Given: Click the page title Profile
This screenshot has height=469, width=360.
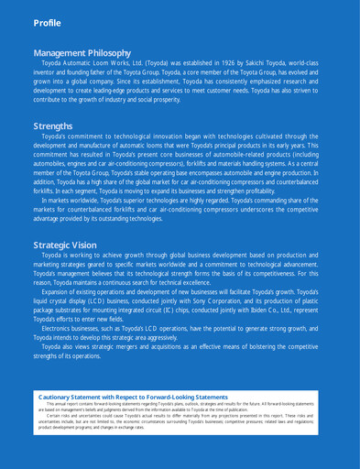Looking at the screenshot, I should point(47,22).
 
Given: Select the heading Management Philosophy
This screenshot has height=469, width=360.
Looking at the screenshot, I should point(82,53).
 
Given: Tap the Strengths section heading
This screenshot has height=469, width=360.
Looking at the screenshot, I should point(52,125).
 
